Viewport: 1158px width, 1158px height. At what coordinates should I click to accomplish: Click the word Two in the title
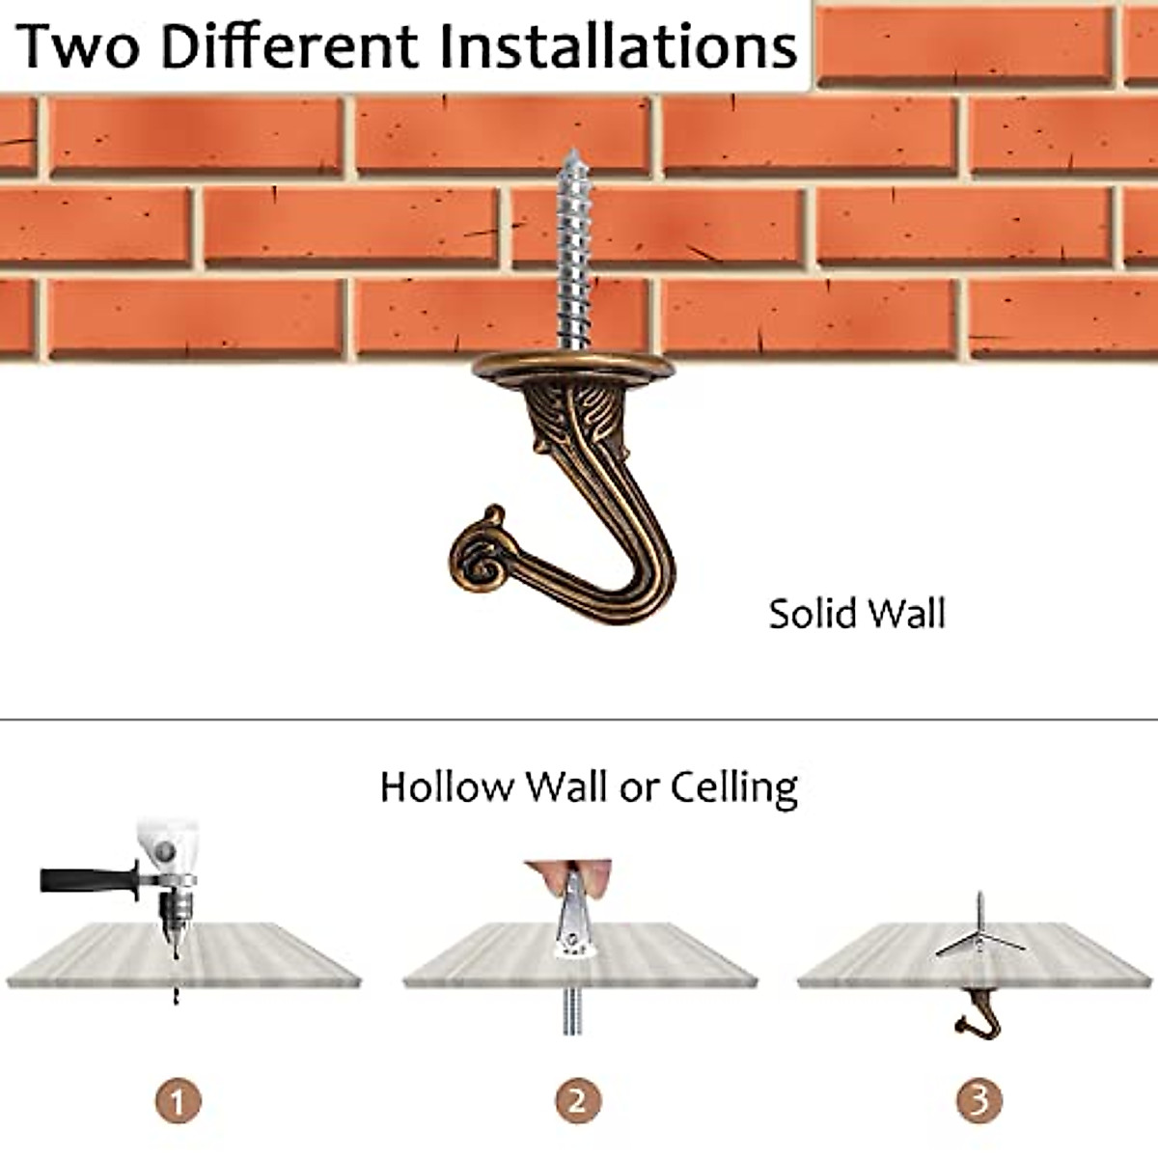click(77, 45)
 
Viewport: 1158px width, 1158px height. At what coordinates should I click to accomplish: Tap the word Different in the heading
click(290, 45)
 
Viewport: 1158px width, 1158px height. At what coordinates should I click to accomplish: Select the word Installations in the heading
click(618, 45)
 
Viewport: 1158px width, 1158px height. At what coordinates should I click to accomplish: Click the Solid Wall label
click(857, 614)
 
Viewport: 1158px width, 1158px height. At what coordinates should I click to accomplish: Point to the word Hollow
click(447, 786)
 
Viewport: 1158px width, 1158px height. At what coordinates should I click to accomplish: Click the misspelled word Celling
click(734, 786)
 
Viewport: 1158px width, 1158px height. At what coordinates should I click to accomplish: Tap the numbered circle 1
click(177, 1100)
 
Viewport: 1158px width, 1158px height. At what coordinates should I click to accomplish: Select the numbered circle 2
click(578, 1100)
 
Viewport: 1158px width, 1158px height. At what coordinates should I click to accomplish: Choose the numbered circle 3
click(979, 1100)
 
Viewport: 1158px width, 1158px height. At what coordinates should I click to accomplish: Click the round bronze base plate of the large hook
click(572, 366)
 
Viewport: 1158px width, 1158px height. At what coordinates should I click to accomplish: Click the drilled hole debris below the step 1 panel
click(176, 994)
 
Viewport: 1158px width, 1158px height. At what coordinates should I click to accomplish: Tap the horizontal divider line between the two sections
click(579, 719)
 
